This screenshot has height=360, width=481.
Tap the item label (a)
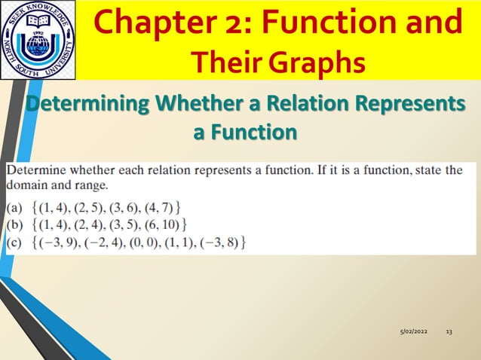pyautogui.click(x=15, y=206)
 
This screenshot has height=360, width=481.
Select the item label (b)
pyautogui.click(x=15, y=224)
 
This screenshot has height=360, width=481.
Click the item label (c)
pyautogui.click(x=15, y=242)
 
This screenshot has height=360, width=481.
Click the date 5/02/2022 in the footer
pyautogui.click(x=412, y=332)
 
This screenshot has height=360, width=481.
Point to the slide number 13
pyautogui.click(x=449, y=332)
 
